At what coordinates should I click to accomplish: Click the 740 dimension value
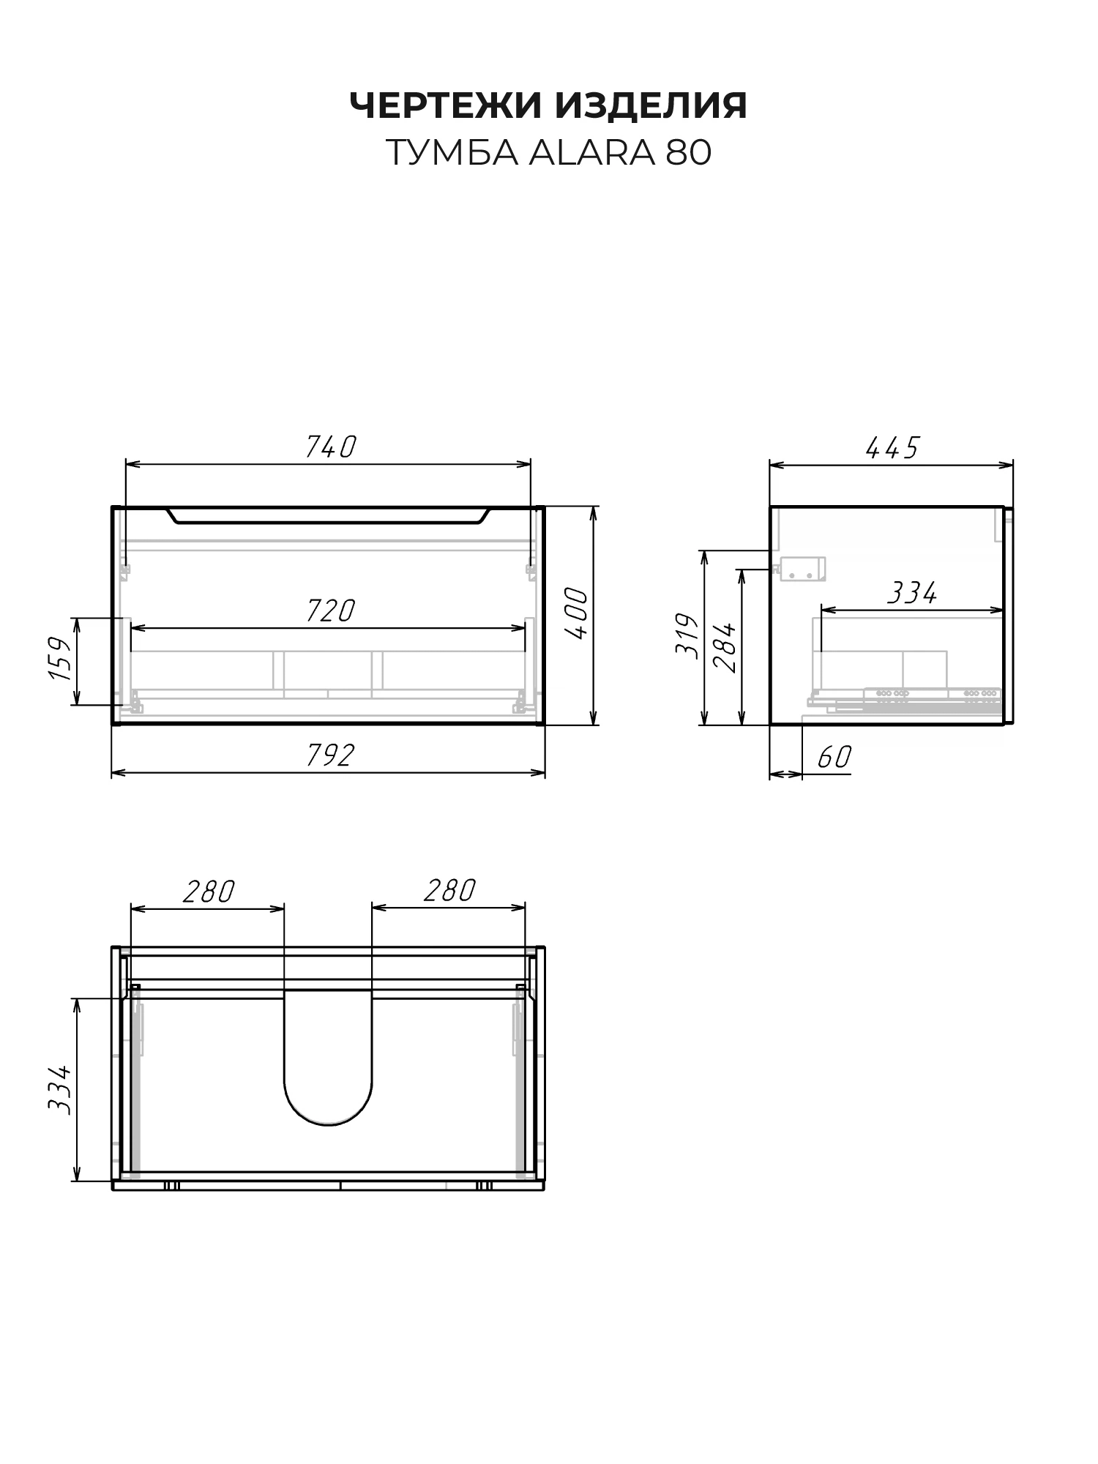tap(330, 447)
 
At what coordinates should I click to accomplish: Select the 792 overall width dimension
tap(330, 755)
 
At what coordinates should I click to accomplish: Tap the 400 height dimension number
tap(577, 613)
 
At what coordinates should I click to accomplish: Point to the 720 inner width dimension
tap(330, 610)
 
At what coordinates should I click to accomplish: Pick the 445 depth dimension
tap(892, 447)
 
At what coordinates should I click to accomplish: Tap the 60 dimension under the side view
tap(834, 757)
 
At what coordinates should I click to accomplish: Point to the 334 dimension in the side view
tap(911, 593)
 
